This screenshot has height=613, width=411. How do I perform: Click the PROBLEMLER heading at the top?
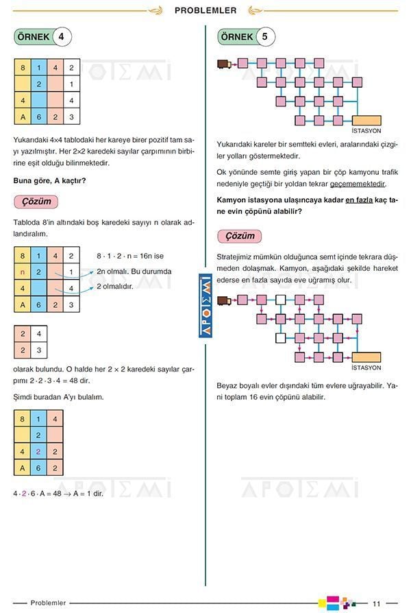tap(206, 10)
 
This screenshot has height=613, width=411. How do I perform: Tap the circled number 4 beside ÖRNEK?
tap(61, 37)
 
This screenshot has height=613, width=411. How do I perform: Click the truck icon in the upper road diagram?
tap(223, 64)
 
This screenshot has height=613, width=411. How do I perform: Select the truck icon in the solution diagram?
tap(223, 300)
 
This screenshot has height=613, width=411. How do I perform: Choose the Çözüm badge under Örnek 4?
tap(36, 202)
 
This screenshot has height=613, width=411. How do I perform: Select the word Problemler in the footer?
tap(48, 603)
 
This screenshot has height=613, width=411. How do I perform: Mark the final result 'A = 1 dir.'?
tap(86, 493)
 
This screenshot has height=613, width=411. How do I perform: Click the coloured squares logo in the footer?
tap(337, 603)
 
